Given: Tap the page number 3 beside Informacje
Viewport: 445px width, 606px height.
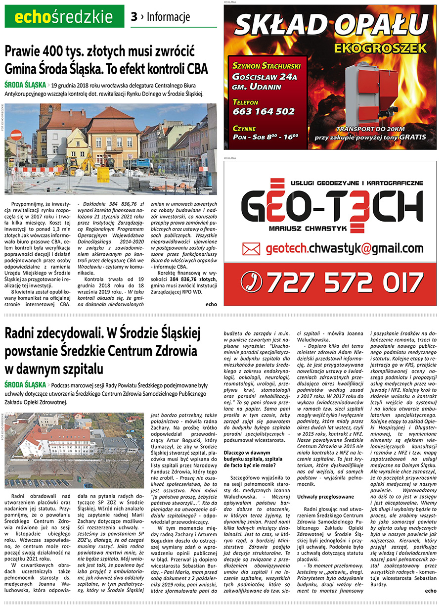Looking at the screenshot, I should tap(134, 17).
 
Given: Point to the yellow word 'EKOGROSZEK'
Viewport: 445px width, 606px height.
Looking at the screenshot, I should tap(380, 48).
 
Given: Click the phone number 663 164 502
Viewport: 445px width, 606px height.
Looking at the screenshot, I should tap(264, 111).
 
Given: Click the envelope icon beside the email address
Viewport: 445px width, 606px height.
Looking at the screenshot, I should tap(251, 249).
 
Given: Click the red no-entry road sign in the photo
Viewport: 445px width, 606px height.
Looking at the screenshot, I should tap(16, 135).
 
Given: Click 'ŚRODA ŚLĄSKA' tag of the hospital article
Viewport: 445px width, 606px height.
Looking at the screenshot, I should tap(25, 385).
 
